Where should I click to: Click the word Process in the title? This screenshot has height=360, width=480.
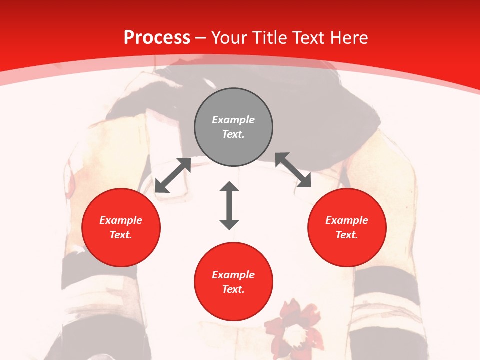click(157, 38)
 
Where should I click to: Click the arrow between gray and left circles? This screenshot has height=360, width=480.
click(173, 175)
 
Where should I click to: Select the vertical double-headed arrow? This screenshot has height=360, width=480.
click(229, 205)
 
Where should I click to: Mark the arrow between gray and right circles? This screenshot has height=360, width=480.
click(293, 170)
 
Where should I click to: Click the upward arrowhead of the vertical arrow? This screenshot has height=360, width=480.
click(229, 187)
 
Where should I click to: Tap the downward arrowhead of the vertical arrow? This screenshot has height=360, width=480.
click(229, 224)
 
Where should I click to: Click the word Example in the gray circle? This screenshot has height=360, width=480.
click(233, 120)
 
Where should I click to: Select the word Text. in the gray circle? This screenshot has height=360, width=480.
click(233, 134)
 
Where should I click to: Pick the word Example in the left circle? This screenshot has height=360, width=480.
click(121, 220)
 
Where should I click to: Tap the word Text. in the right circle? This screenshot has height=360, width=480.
click(347, 235)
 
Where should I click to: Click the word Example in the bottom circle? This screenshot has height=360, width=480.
click(233, 275)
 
